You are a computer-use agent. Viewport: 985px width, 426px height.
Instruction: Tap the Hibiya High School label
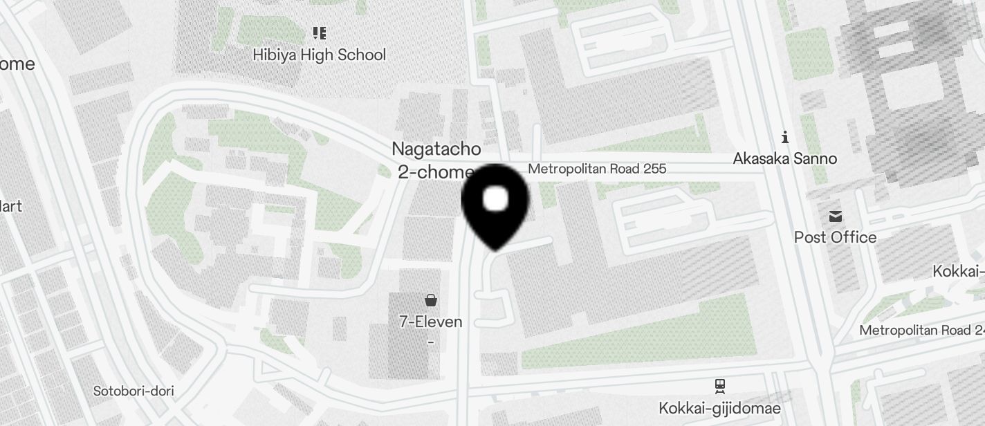(x=319, y=55)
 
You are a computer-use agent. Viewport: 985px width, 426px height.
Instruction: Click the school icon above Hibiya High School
(x=319, y=33)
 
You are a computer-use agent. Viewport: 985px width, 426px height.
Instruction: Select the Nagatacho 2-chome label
(x=436, y=160)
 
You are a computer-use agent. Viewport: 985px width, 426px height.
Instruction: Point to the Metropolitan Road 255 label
(x=597, y=169)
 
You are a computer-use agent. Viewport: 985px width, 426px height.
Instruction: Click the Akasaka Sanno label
(x=785, y=158)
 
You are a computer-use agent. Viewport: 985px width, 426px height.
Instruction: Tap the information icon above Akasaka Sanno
(x=785, y=137)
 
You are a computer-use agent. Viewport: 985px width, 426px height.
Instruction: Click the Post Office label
(x=835, y=237)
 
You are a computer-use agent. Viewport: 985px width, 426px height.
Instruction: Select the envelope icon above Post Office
(x=836, y=216)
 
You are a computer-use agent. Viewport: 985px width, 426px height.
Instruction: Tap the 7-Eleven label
(x=431, y=322)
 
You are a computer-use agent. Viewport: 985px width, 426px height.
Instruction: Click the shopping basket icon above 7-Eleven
(x=431, y=300)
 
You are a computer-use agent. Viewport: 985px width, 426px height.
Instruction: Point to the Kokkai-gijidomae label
(x=719, y=408)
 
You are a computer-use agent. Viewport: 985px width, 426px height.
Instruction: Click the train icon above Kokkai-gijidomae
(x=720, y=385)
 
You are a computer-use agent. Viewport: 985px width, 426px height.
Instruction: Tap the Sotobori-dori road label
(x=134, y=391)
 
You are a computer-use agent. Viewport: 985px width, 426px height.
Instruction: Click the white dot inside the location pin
(x=495, y=199)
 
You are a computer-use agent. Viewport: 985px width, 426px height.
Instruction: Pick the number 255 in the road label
(x=652, y=169)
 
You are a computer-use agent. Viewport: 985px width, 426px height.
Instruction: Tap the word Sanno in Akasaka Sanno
(x=815, y=158)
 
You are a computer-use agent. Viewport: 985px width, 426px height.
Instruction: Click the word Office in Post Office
(x=854, y=237)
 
